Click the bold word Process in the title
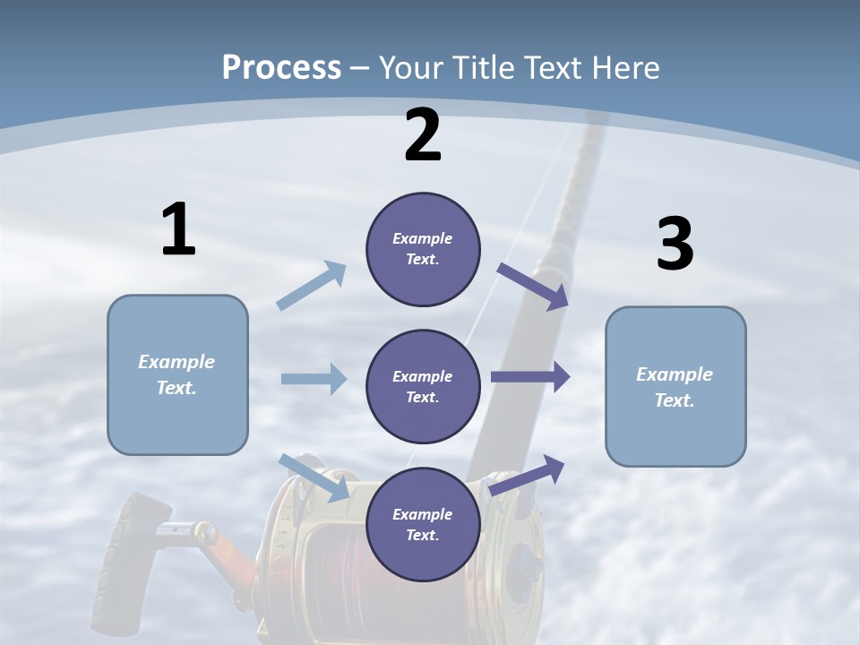point(281,67)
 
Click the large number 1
point(178,229)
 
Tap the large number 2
point(422,136)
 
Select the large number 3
point(675,245)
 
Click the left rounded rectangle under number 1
point(177,374)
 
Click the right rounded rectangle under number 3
point(675,387)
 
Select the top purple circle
point(423,249)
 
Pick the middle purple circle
point(423,386)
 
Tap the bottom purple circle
point(423,524)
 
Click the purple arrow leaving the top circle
point(533,287)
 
